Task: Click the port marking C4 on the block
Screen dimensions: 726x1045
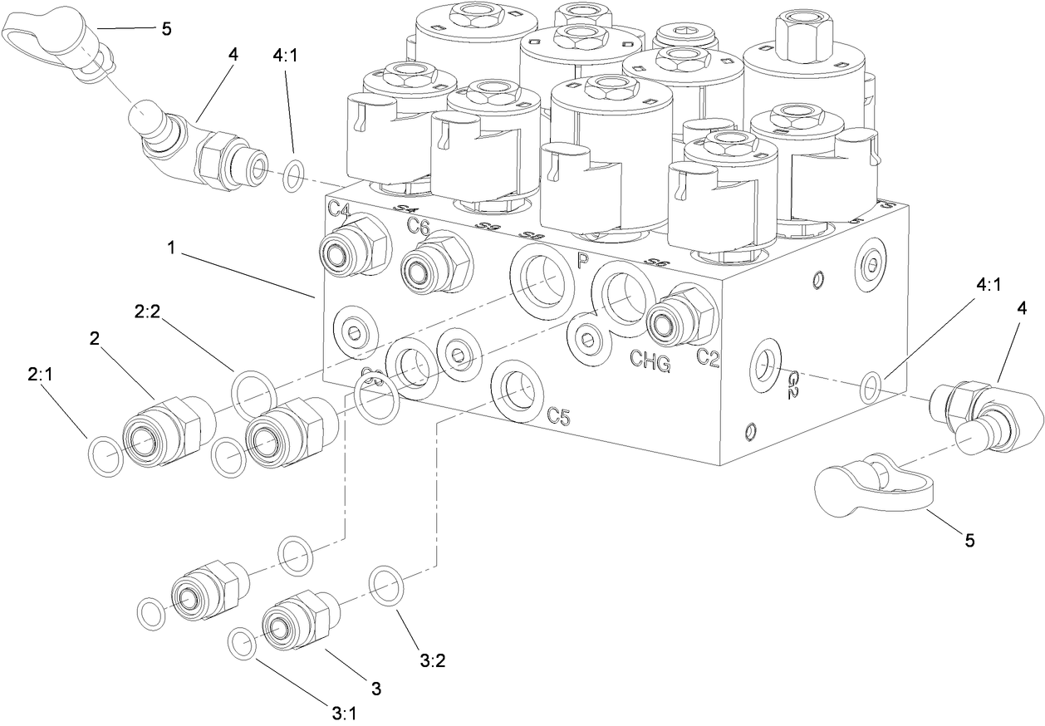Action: (338, 208)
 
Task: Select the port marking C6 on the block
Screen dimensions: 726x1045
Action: (417, 226)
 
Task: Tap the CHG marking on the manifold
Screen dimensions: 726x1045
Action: (650, 359)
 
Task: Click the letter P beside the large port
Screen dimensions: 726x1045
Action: (582, 261)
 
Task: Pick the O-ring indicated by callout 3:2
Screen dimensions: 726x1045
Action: (387, 586)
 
